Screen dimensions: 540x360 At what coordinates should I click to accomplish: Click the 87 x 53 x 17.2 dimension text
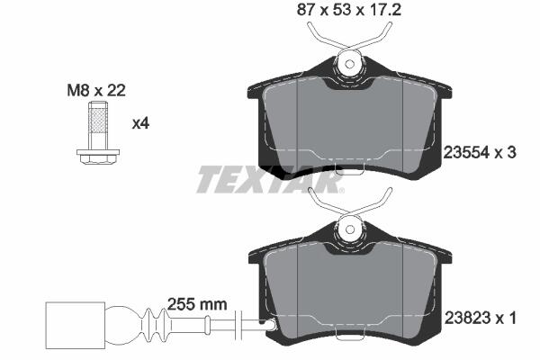click(x=349, y=10)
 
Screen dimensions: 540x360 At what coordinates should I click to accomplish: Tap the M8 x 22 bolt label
click(x=96, y=91)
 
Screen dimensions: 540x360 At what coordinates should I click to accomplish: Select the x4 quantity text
click(x=140, y=123)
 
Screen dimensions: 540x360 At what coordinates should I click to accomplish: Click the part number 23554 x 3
click(x=480, y=152)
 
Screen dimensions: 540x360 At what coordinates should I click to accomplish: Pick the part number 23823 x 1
click(x=480, y=318)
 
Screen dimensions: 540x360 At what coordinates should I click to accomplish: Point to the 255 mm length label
click(x=197, y=304)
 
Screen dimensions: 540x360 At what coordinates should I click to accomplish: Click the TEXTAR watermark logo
click(x=270, y=179)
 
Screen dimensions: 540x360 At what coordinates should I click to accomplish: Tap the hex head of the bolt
click(x=98, y=159)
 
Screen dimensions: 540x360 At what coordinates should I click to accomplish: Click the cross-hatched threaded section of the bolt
click(x=98, y=121)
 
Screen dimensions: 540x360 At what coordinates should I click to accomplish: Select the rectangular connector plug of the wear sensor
click(x=75, y=325)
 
